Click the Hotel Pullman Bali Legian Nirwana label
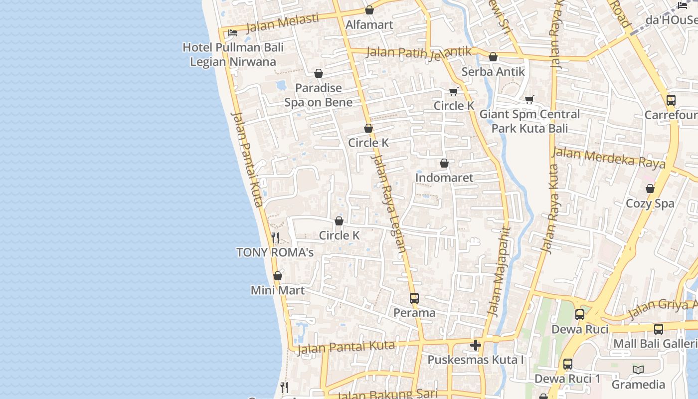click(233, 54)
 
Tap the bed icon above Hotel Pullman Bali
click(233, 33)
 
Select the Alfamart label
click(369, 24)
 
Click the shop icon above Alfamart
click(369, 10)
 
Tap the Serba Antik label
click(493, 71)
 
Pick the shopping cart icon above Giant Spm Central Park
click(529, 99)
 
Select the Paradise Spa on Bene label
click(319, 95)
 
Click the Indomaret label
click(444, 178)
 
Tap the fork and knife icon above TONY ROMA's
click(275, 237)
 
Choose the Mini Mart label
click(278, 290)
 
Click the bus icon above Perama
click(414, 298)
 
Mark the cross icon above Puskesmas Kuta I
click(476, 345)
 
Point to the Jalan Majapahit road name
click(500, 272)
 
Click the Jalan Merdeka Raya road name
click(609, 158)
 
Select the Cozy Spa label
click(650, 203)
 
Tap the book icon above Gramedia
click(638, 370)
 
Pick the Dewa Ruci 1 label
click(567, 379)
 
